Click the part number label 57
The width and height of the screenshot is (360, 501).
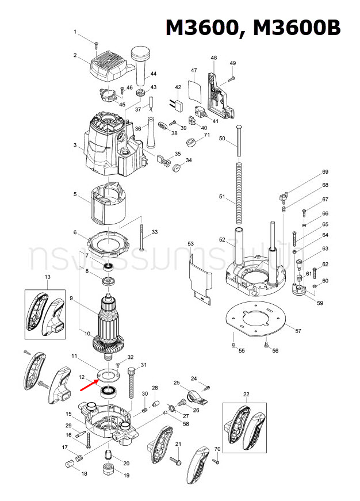coord(298,331)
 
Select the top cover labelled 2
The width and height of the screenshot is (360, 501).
coord(109,67)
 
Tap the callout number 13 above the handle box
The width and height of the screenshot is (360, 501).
coord(47,278)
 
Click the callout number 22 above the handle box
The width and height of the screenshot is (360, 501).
coord(246,394)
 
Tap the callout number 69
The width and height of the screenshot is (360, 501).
coord(325,172)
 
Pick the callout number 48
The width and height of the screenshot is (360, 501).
coord(214,58)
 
